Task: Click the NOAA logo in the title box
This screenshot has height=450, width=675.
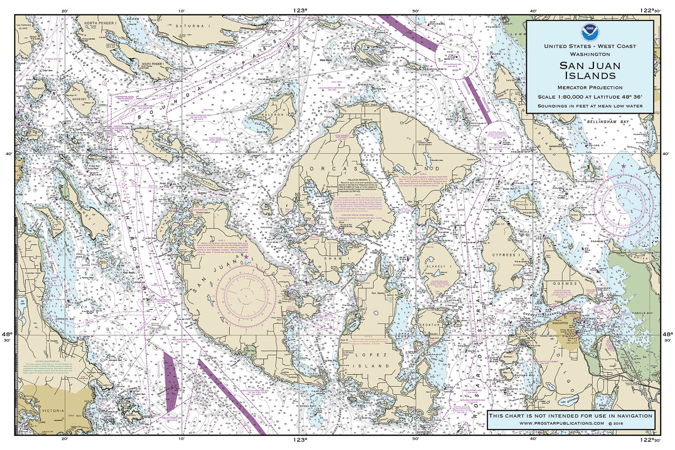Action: point(590,31)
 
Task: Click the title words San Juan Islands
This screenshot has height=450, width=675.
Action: point(590,70)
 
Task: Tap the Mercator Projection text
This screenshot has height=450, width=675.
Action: point(590,88)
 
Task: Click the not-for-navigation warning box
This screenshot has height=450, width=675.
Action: point(570,419)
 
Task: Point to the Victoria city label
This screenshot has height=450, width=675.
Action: point(53,410)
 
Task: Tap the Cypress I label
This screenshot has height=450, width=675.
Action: point(507,255)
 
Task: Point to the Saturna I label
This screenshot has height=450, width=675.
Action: point(193,26)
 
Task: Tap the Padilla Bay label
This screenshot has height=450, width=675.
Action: point(642,313)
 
